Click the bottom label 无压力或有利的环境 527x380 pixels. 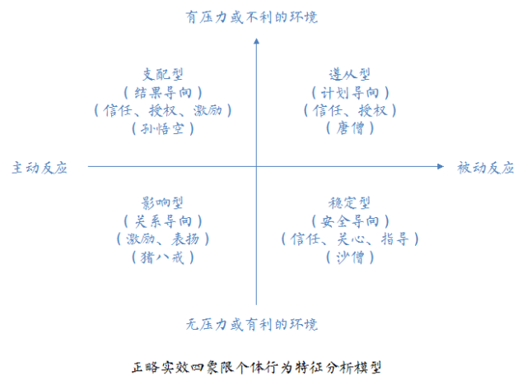(x=252, y=323)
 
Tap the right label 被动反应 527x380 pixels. (x=486, y=168)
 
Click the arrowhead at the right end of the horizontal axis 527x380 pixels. (x=445, y=167)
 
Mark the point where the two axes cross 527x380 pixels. (x=257, y=167)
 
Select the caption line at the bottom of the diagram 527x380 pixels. (x=256, y=366)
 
